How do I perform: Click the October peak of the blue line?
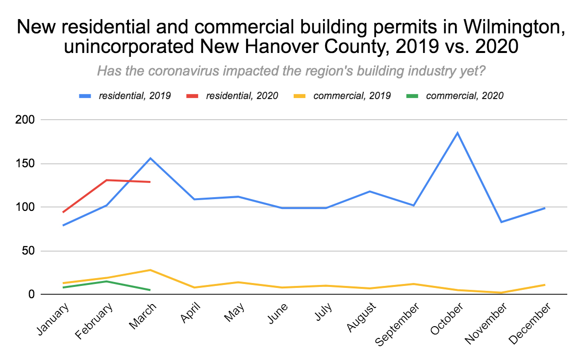coord(457,132)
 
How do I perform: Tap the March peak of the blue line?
coord(150,158)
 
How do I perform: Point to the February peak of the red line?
coord(106,180)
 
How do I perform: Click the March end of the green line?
coord(150,290)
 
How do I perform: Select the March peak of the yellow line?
coord(150,270)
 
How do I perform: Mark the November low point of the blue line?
coord(501,222)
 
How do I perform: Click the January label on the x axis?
coord(52,319)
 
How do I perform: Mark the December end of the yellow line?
coord(545,284)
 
